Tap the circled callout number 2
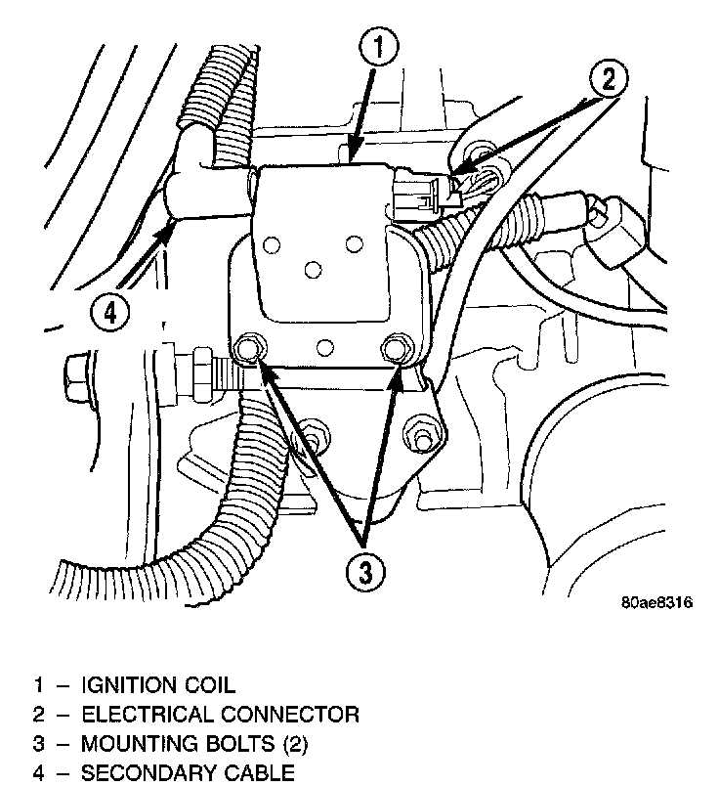click(x=608, y=79)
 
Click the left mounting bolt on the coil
click(x=248, y=347)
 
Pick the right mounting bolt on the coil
click(x=396, y=347)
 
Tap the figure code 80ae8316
click(x=656, y=603)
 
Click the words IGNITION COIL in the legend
click(x=157, y=684)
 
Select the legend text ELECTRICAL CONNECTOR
click(x=219, y=715)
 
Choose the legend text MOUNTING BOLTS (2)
click(x=193, y=745)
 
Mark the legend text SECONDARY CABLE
click(x=187, y=774)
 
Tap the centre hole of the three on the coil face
click(x=312, y=267)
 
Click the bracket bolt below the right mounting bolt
click(x=423, y=430)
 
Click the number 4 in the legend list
click(x=38, y=774)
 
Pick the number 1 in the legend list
click(x=38, y=684)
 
